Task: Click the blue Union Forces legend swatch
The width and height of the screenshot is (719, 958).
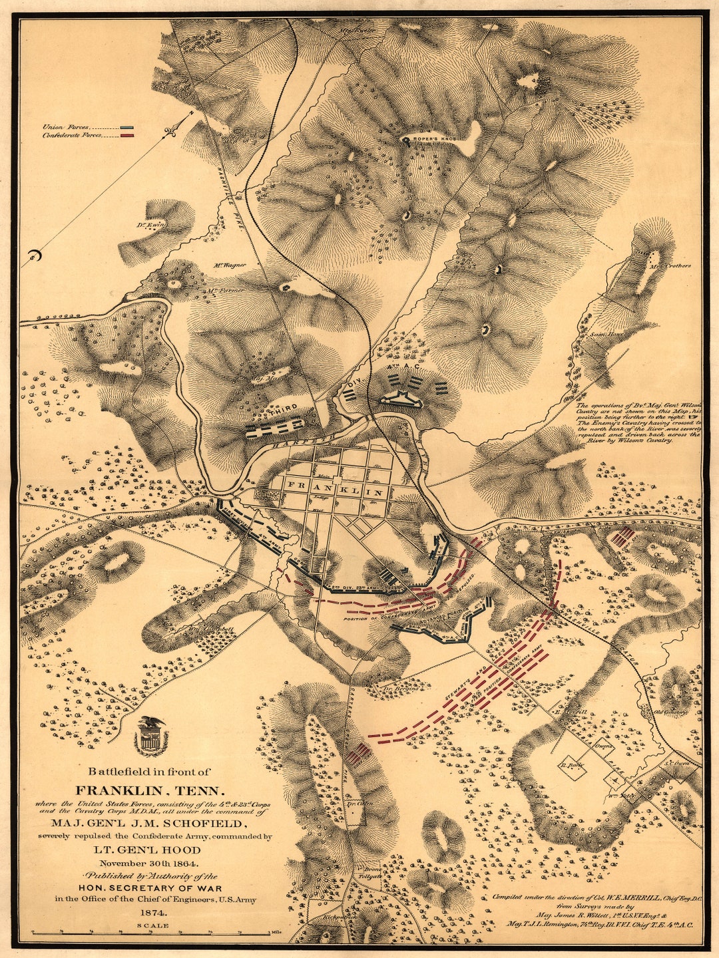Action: [x=127, y=126]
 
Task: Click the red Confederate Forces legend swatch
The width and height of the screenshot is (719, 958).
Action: [x=127, y=135]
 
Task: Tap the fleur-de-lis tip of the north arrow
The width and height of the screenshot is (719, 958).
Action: [x=174, y=132]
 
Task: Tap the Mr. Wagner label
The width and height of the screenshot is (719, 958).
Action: [x=230, y=265]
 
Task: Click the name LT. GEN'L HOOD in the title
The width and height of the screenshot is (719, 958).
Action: [x=156, y=850]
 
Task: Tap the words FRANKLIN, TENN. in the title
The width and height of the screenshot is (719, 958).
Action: [x=150, y=791]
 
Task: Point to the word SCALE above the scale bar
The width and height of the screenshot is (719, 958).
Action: [x=152, y=925]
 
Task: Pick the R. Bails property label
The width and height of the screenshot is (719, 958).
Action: [x=571, y=765]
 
